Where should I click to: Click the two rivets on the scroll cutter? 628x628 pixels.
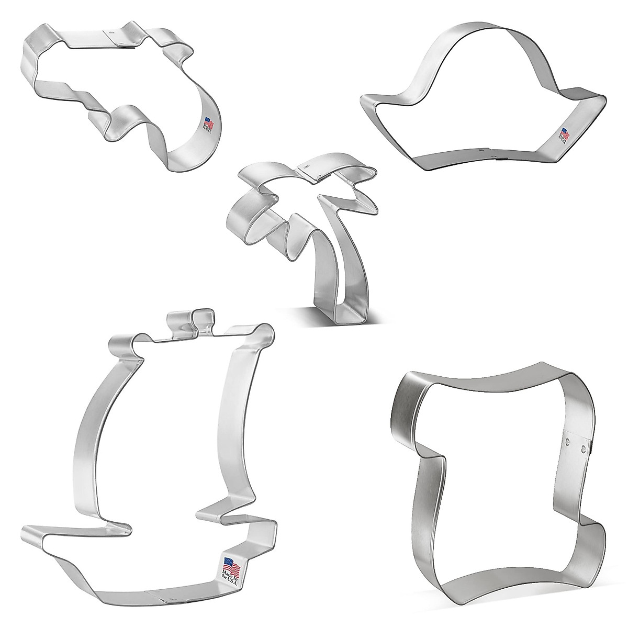click(575, 444)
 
